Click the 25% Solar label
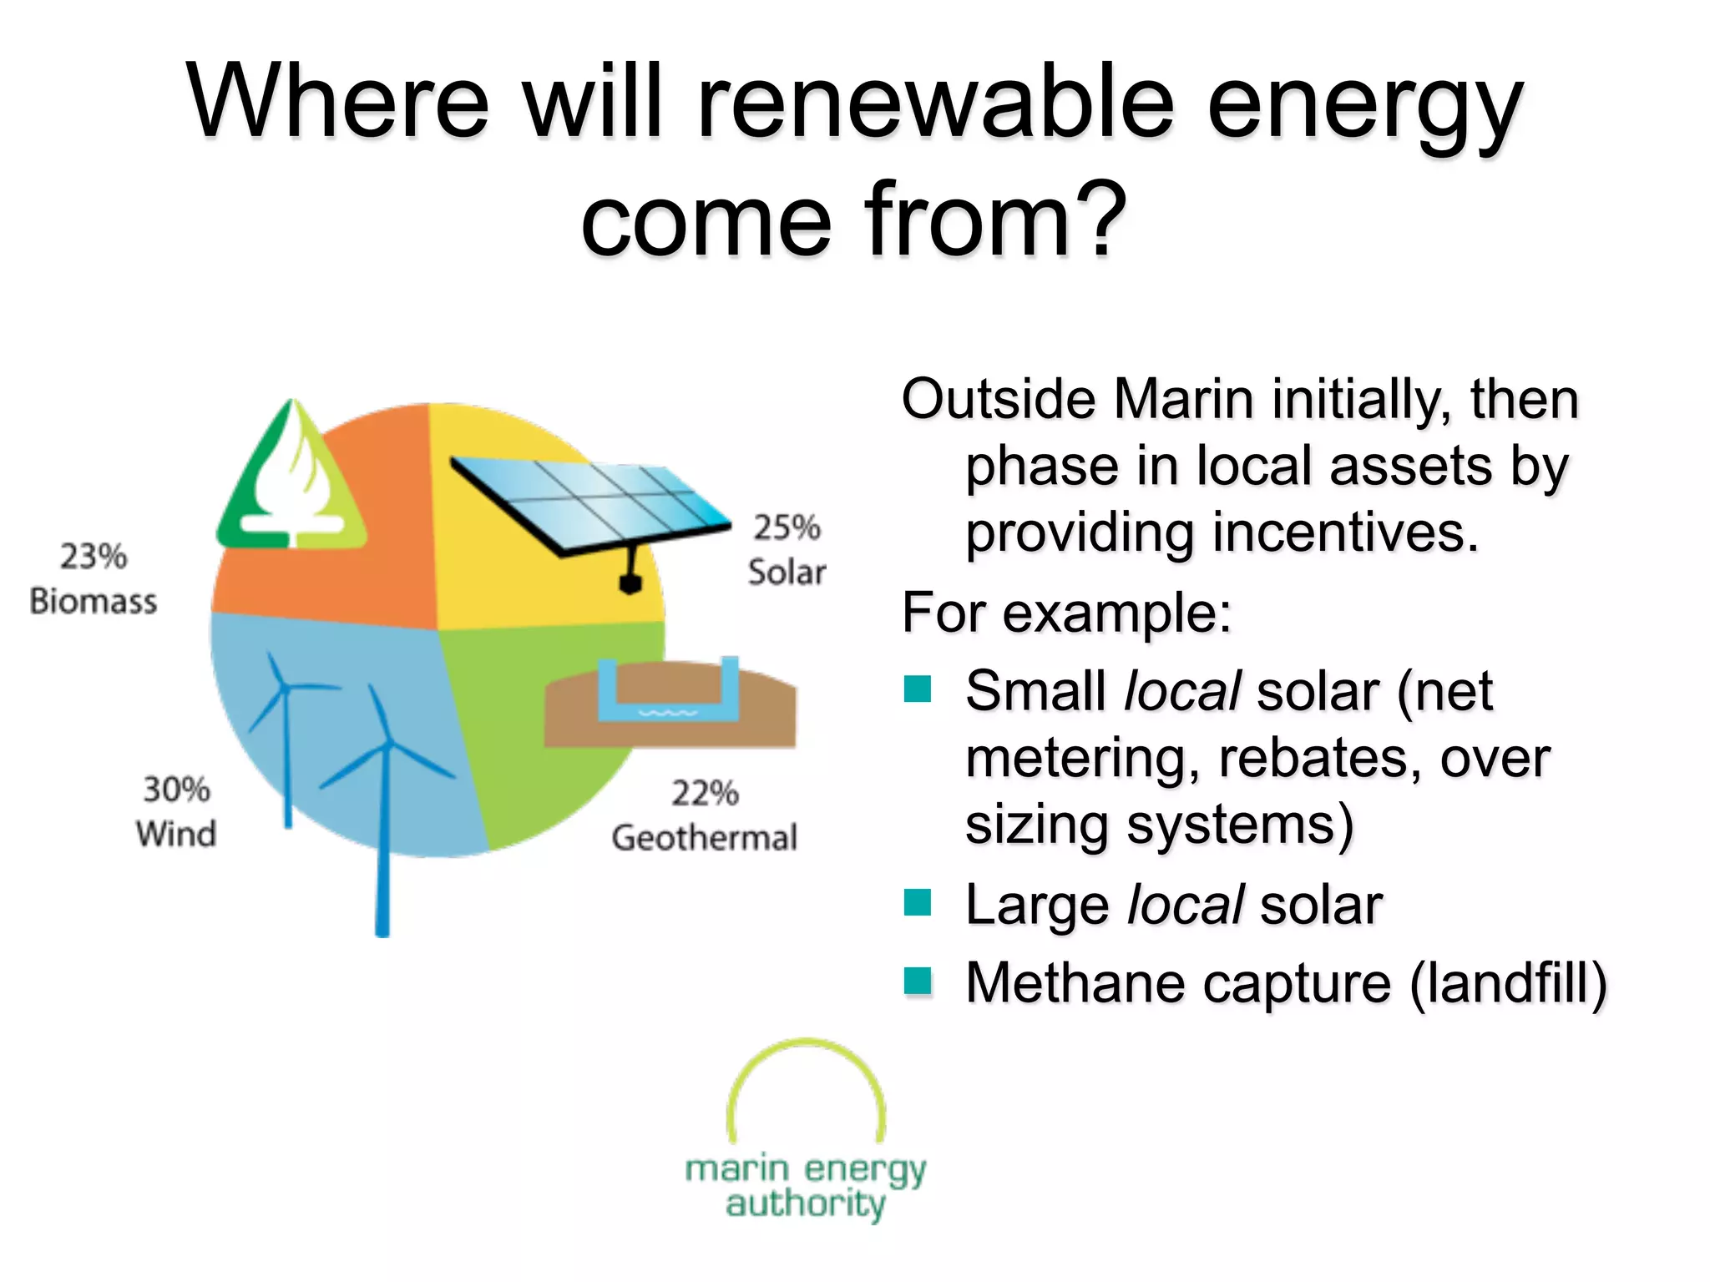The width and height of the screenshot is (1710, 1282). click(x=786, y=550)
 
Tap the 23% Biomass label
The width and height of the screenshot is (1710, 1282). click(x=93, y=578)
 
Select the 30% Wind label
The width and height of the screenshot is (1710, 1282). click(x=176, y=811)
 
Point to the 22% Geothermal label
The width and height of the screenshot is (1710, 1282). click(x=704, y=815)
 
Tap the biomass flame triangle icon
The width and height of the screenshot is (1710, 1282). click(x=291, y=484)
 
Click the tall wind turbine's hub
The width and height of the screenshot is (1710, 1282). click(x=386, y=743)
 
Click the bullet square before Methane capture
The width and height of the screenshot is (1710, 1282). click(x=918, y=981)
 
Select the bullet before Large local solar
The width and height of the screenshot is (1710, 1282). click(x=918, y=902)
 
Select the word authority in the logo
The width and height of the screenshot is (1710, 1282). click(x=805, y=1204)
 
